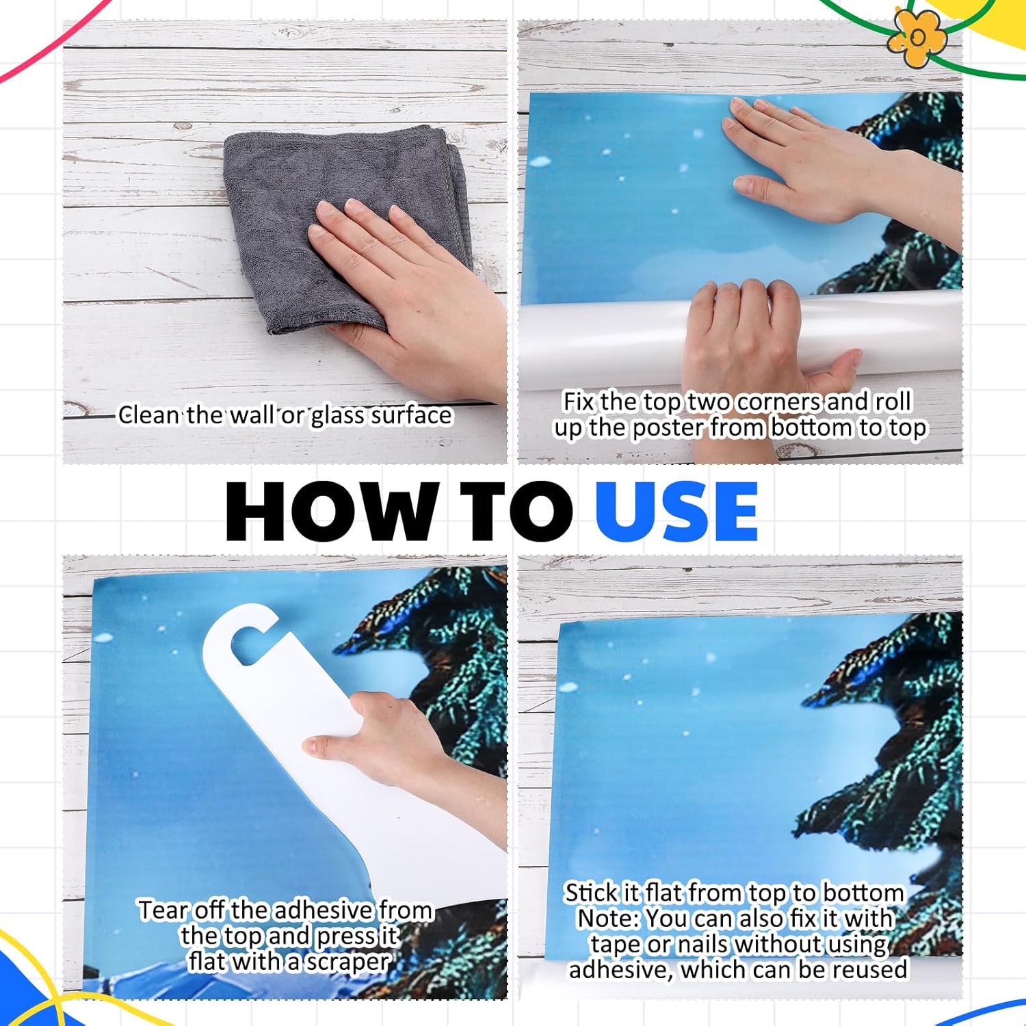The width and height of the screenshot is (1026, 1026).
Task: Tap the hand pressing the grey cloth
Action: click(410, 287)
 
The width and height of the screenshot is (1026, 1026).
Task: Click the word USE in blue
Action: click(676, 512)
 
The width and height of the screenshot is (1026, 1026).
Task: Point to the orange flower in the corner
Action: click(917, 38)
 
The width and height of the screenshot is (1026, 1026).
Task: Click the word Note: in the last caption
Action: click(607, 918)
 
